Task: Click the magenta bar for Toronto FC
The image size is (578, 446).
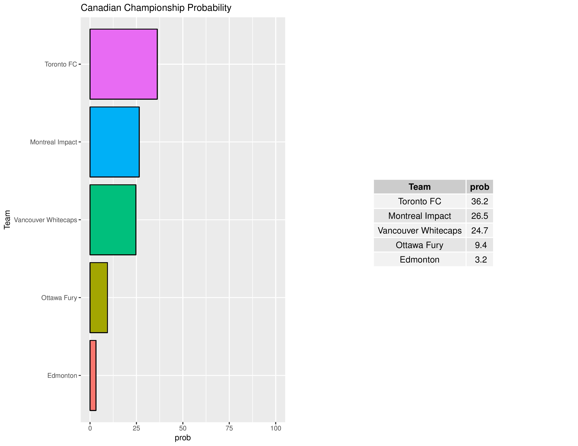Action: (x=124, y=64)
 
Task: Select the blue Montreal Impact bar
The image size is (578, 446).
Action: (x=115, y=142)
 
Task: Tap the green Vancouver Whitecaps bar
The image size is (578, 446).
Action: (x=113, y=220)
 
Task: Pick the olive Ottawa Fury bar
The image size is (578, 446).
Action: (x=99, y=298)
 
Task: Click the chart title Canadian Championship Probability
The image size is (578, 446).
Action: (x=156, y=8)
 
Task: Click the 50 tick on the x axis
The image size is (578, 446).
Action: (x=183, y=428)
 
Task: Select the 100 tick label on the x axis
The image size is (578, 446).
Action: (x=276, y=428)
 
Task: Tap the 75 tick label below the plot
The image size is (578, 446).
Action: (x=229, y=428)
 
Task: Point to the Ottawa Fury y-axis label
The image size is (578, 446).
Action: (x=59, y=298)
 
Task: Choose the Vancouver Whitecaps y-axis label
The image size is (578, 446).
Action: (x=46, y=220)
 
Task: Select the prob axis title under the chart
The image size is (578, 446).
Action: (x=183, y=438)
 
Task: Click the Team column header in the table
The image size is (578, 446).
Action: (x=419, y=187)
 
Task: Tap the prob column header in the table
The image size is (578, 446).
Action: (x=480, y=187)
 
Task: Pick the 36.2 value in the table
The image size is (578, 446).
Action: (x=480, y=201)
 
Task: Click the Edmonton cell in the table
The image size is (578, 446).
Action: (x=419, y=259)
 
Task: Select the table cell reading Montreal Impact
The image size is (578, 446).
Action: (x=419, y=216)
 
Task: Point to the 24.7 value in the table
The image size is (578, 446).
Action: (x=480, y=230)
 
